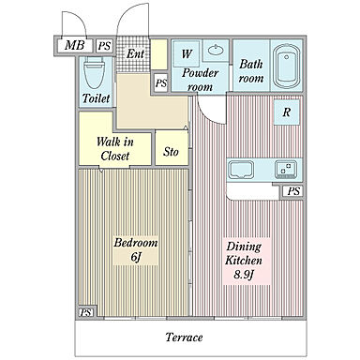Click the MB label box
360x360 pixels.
pos(75,46)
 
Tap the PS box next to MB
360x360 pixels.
pos(104,46)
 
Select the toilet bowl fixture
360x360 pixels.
pos(94,73)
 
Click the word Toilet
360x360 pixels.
pos(97,98)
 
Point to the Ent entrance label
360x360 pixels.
pos(135,53)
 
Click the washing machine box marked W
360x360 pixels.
pos(187,53)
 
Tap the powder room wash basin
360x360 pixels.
pos(216,50)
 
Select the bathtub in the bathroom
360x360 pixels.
pos(286,66)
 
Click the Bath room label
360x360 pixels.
pos(251,71)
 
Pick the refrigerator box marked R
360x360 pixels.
pos(287,112)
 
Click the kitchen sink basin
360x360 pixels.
pos(240,169)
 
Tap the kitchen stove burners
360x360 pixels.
pos(285,169)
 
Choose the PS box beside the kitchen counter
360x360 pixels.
pos(292,191)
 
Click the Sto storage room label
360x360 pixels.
pos(171,152)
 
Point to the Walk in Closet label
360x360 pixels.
pos(115,148)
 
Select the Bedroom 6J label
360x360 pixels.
pos(135,249)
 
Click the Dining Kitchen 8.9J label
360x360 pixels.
pos(244,261)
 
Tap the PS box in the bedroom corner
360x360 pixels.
pos(86,312)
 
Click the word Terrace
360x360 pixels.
pos(184,337)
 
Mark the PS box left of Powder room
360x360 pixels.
pos(161,82)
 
